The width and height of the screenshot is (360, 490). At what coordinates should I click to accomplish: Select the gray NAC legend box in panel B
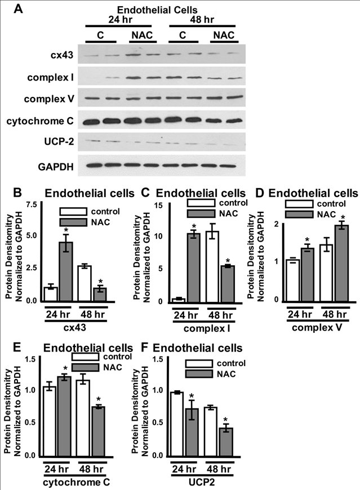point(72,224)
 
